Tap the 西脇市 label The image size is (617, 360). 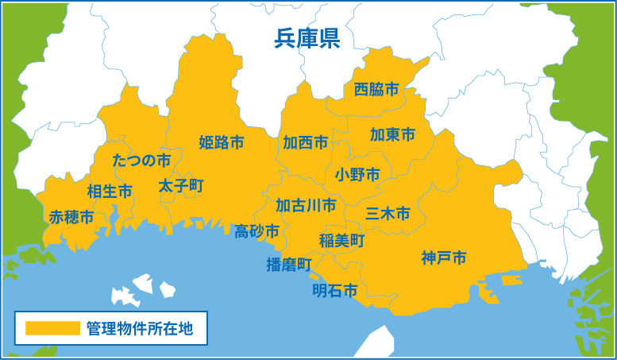tap(376, 90)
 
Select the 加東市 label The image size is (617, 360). tap(392, 135)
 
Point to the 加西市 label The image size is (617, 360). tap(306, 143)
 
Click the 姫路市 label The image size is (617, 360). tap(222, 143)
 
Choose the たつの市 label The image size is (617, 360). tap(141, 161)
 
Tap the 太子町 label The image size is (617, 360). tap(180, 186)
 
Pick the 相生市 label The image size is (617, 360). tap(110, 192)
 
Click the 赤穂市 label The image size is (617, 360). tap(71, 217)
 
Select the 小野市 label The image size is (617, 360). tap(357, 174)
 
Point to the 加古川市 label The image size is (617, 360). tap(306, 206)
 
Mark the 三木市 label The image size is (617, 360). tap(388, 214)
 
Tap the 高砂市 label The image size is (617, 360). tap(256, 231)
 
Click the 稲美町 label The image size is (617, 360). tap(341, 240)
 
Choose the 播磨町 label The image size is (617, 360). tap(289, 265)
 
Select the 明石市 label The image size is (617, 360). tap(334, 290)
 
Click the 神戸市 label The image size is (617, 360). tap(444, 257)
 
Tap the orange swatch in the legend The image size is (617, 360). tap(52, 327)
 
